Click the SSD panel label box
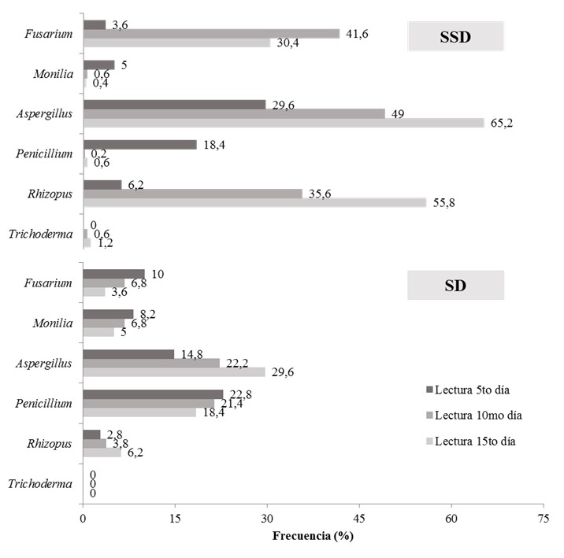[x=455, y=36]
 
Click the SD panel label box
[x=455, y=285]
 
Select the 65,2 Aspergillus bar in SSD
[x=284, y=123]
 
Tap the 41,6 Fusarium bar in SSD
[x=211, y=33]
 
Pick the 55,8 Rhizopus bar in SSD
[x=254, y=202]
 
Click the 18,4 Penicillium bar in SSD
[x=139, y=144]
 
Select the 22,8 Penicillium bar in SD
[x=153, y=394]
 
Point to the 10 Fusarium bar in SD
[x=113, y=274]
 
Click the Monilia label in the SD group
[x=54, y=323]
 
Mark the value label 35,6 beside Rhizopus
[x=317, y=193]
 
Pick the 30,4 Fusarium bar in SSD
[x=176, y=42]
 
